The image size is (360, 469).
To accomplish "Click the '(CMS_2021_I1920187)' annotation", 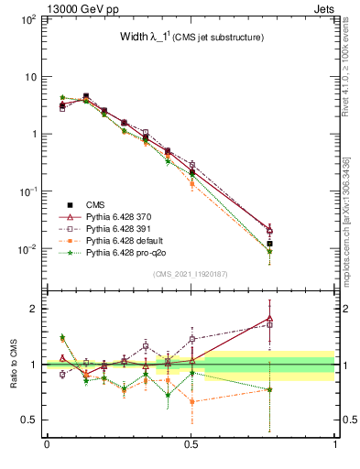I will pos(191,273).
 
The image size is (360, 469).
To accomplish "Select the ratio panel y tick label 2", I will pos(33,308).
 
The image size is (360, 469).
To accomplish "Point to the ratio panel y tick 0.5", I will pos(27,420).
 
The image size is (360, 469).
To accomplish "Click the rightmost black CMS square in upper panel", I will pos(268,244).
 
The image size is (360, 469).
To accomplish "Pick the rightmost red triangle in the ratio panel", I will pos(268,318).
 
